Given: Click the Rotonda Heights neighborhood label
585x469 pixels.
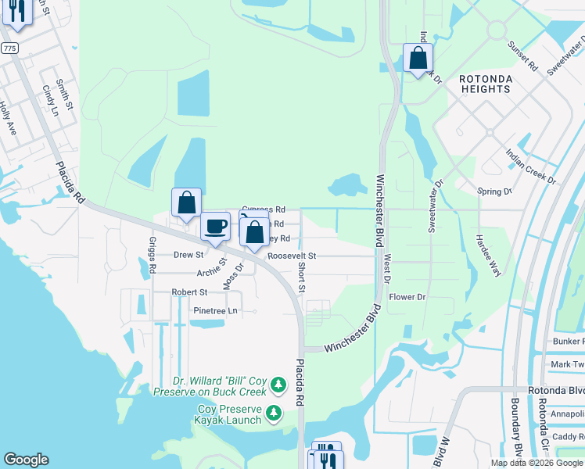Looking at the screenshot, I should (485, 84).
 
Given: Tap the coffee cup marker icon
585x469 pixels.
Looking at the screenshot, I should (215, 227).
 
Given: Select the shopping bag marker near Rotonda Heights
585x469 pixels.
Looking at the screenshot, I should (418, 58).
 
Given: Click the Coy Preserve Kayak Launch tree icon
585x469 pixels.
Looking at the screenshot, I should (274, 412).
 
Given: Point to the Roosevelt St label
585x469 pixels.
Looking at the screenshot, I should (291, 256).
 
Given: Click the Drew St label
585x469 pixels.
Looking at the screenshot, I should (188, 255).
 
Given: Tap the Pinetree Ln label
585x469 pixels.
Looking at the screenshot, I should (214, 310).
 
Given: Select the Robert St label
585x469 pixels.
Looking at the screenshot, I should (189, 292).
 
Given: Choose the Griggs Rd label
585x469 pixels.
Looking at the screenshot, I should (153, 255).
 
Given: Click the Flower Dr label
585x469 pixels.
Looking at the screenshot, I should (407, 297).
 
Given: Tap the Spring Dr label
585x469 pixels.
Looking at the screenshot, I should (494, 191).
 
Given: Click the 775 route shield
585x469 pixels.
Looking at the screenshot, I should (9, 48).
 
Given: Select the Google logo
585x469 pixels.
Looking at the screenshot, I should (26, 460).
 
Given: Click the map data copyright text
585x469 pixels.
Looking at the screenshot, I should (536, 463).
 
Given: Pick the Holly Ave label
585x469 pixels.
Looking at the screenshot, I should (8, 118).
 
